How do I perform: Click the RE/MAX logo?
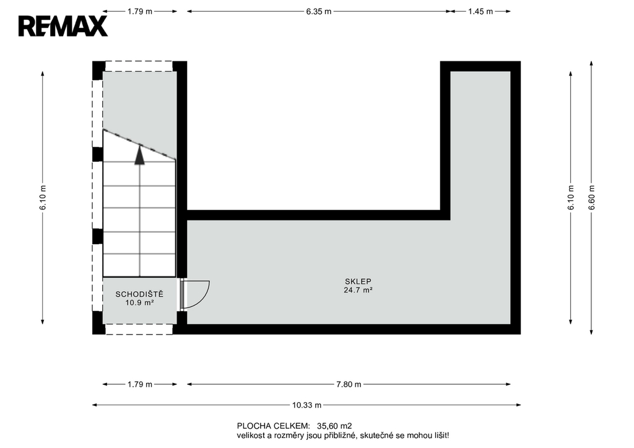pyautogui.click(x=63, y=26)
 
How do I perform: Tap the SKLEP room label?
pyautogui.click(x=358, y=281)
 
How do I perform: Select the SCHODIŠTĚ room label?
pyautogui.click(x=139, y=294)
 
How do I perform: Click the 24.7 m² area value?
pyautogui.click(x=358, y=290)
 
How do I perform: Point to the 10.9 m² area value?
pyautogui.click(x=139, y=303)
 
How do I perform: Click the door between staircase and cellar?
pyautogui.click(x=194, y=295)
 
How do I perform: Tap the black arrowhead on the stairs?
pyautogui.click(x=139, y=155)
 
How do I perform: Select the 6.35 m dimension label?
pyautogui.click(x=319, y=11)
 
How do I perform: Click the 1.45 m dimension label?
pyautogui.click(x=480, y=11)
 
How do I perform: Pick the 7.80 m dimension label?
pyautogui.click(x=349, y=384)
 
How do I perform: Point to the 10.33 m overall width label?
pyautogui.click(x=307, y=405)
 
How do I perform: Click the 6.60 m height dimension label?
pyautogui.click(x=591, y=198)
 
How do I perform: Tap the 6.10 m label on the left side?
pyautogui.click(x=43, y=198)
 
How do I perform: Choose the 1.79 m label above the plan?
pyautogui.click(x=140, y=11)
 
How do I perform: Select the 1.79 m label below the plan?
pyautogui.click(x=140, y=384)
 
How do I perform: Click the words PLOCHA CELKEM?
pyautogui.click(x=273, y=426)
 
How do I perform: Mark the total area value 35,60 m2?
pyautogui.click(x=334, y=426)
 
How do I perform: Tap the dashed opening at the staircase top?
pyautogui.click(x=139, y=66)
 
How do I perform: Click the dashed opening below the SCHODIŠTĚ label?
pyautogui.click(x=139, y=329)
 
